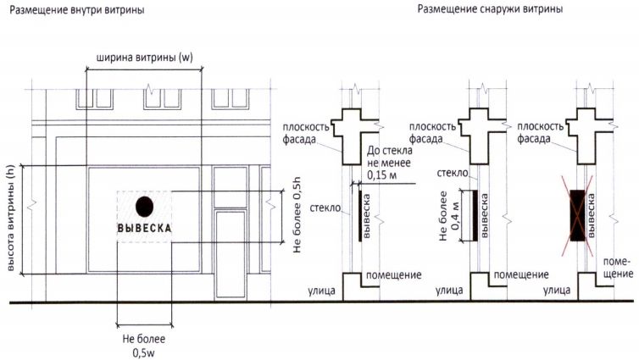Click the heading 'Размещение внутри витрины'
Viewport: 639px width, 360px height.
(x=75, y=10)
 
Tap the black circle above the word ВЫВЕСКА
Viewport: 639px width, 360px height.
(x=144, y=205)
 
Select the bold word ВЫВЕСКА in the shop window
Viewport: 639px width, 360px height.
(x=144, y=229)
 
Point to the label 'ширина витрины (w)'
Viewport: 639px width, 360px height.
(x=141, y=58)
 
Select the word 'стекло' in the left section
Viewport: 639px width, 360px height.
(x=325, y=206)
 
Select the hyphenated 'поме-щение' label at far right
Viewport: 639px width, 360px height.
(x=619, y=269)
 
